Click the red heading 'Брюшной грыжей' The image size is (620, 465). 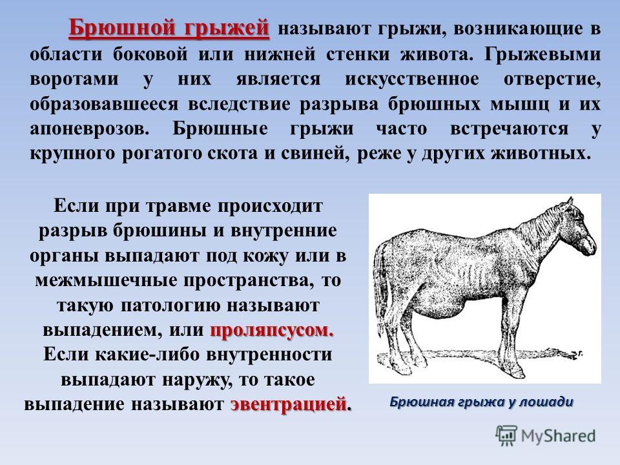click(x=169, y=28)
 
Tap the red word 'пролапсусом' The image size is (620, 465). click(x=272, y=330)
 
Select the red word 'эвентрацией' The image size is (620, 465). click(x=289, y=404)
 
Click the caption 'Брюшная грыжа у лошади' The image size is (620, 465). click(x=481, y=402)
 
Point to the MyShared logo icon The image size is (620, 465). click(x=506, y=435)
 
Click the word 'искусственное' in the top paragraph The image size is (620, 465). click(x=412, y=78)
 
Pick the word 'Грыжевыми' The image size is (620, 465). click(x=542, y=54)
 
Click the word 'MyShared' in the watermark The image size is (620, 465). click(x=558, y=436)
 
